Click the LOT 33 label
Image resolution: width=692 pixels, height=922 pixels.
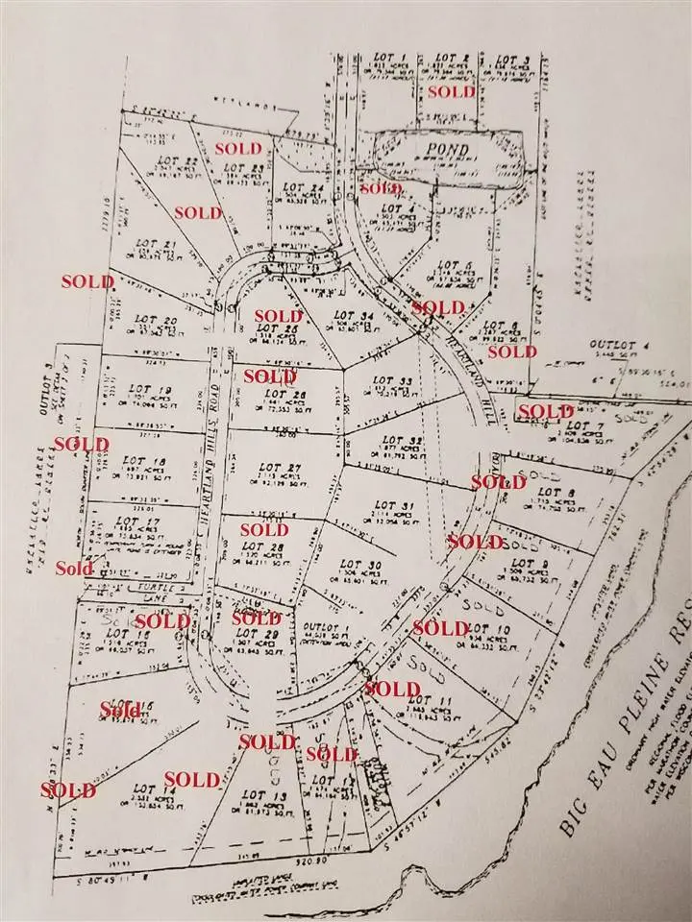point(393,381)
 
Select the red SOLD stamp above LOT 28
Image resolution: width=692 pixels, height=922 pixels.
point(264,529)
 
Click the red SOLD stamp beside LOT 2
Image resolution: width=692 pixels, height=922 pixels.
point(451,92)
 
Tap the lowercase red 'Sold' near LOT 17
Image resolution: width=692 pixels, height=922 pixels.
point(74,568)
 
